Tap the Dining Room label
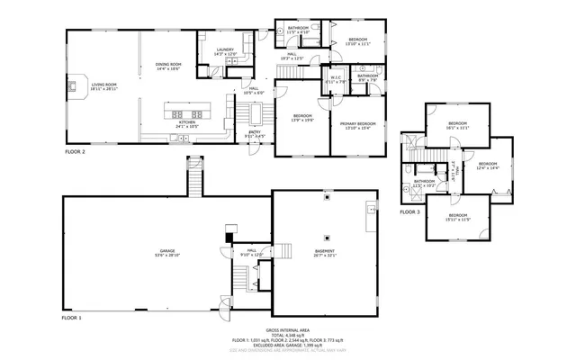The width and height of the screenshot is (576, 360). pos(168,66)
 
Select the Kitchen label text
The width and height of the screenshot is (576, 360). pos(186,124)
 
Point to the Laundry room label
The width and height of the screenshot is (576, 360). pos(224,51)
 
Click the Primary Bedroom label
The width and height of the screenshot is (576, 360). pos(357,125)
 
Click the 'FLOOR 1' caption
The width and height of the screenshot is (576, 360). pos(71,319)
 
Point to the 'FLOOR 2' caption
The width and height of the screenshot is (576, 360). pos(75,152)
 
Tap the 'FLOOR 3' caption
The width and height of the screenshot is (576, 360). pos(409,212)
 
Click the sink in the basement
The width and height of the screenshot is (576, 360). pos(370,210)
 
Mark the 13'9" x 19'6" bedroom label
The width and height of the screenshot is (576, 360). pos(302,117)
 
